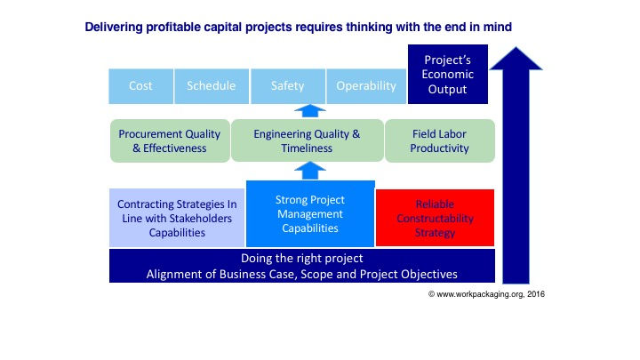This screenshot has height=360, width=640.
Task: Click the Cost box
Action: (x=140, y=85)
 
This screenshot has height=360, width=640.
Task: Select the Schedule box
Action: (x=211, y=85)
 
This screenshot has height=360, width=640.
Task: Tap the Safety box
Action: (x=287, y=85)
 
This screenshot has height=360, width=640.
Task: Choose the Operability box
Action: (x=365, y=85)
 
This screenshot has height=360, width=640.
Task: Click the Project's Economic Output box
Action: (x=448, y=74)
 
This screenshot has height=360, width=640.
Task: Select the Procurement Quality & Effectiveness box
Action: (x=169, y=141)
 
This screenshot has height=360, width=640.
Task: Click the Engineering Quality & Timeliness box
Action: (x=306, y=141)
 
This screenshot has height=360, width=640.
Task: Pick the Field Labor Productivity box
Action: (x=439, y=141)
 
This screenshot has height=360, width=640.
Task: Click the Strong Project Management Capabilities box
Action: (x=309, y=213)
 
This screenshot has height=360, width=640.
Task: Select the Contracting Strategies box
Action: (x=176, y=218)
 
